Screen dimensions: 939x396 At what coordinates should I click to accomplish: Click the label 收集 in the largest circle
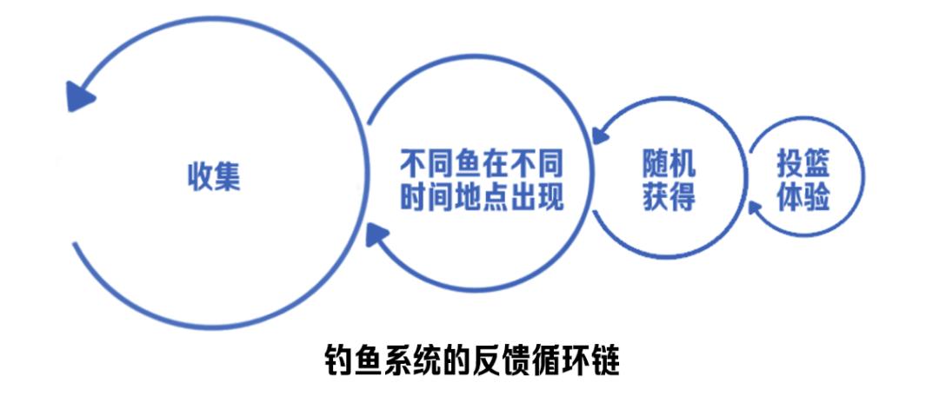pyautogui.click(x=215, y=175)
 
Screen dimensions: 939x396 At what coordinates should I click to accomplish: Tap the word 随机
pyautogui.click(x=669, y=161)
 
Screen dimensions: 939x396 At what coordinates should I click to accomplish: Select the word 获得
pyautogui.click(x=669, y=196)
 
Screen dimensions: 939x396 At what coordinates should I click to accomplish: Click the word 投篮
pyautogui.click(x=803, y=162)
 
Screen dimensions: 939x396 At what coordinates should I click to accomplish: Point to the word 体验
pyautogui.click(x=803, y=197)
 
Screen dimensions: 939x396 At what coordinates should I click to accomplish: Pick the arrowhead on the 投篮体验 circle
pyautogui.click(x=755, y=209)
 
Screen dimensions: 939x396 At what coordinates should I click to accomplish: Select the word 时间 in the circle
pyautogui.click(x=426, y=197)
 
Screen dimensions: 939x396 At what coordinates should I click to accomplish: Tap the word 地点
pyautogui.click(x=482, y=197)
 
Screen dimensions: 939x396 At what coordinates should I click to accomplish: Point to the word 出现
pyautogui.click(x=536, y=197)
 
